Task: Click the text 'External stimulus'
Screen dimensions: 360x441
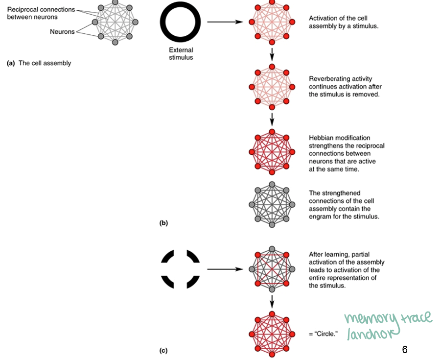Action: [x=181, y=53]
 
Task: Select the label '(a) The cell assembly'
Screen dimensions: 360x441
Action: [x=39, y=63]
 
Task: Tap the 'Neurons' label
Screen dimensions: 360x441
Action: [x=62, y=32]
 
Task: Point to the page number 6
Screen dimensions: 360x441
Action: [x=404, y=350]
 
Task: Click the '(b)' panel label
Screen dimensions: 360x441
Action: [x=163, y=223]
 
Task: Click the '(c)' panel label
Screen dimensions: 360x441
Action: [x=163, y=351]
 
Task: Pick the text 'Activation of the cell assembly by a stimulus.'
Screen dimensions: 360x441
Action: [x=343, y=22]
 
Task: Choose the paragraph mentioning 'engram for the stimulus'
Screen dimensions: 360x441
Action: [x=344, y=205]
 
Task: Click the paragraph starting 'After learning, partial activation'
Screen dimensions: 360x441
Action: [x=344, y=270]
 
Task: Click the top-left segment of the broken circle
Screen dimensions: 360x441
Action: [x=169, y=257]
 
